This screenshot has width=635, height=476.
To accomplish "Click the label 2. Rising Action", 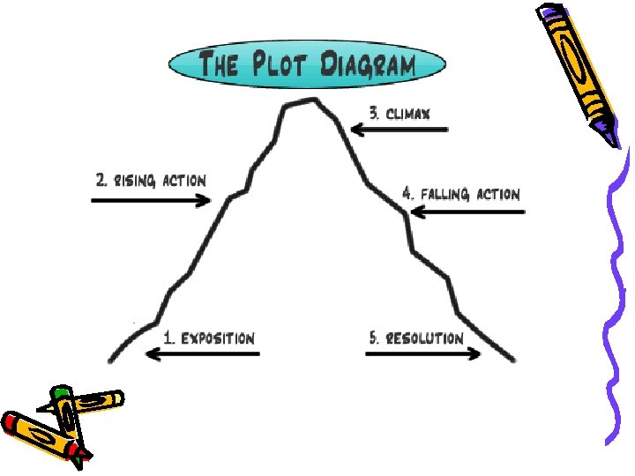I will [x=151, y=181].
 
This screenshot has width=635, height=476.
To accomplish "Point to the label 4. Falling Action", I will [x=461, y=193].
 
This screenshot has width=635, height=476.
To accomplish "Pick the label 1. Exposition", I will [x=209, y=338].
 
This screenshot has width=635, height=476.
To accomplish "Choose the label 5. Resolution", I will [x=415, y=338].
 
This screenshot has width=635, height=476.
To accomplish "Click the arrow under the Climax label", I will [x=399, y=130].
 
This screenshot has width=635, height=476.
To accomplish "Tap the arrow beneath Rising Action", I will [x=151, y=201].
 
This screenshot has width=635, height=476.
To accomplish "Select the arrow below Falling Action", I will [x=467, y=212].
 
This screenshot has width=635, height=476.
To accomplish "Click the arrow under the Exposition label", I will [x=202, y=354].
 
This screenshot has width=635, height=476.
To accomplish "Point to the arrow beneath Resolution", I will [x=423, y=354].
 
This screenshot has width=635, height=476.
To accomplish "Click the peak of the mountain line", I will [x=301, y=101].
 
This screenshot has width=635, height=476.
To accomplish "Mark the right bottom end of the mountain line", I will [x=512, y=360].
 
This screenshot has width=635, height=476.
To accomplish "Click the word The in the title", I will [x=219, y=65].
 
